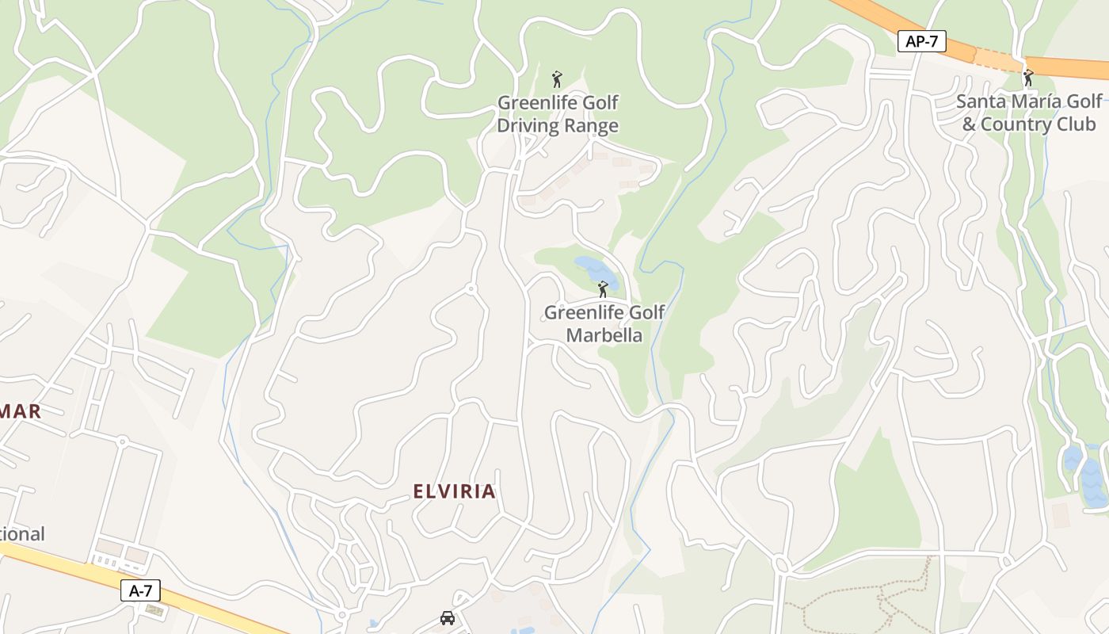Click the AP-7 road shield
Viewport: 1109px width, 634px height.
tap(921, 42)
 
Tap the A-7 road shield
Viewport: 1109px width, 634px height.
tap(140, 590)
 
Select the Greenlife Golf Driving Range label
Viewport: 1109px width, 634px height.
tap(558, 114)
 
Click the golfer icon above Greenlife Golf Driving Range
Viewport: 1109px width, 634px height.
tap(557, 79)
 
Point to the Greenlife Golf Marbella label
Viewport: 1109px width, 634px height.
tap(604, 323)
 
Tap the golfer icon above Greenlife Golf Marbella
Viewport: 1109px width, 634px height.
tap(603, 289)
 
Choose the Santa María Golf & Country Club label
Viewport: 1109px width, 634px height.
tap(1028, 113)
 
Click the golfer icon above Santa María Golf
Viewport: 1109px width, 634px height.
tap(1028, 78)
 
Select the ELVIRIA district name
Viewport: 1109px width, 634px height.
tap(455, 491)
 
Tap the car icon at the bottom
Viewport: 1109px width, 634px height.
tap(448, 618)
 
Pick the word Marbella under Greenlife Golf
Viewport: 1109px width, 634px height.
tap(604, 335)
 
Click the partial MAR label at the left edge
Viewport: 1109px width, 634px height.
tap(20, 411)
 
